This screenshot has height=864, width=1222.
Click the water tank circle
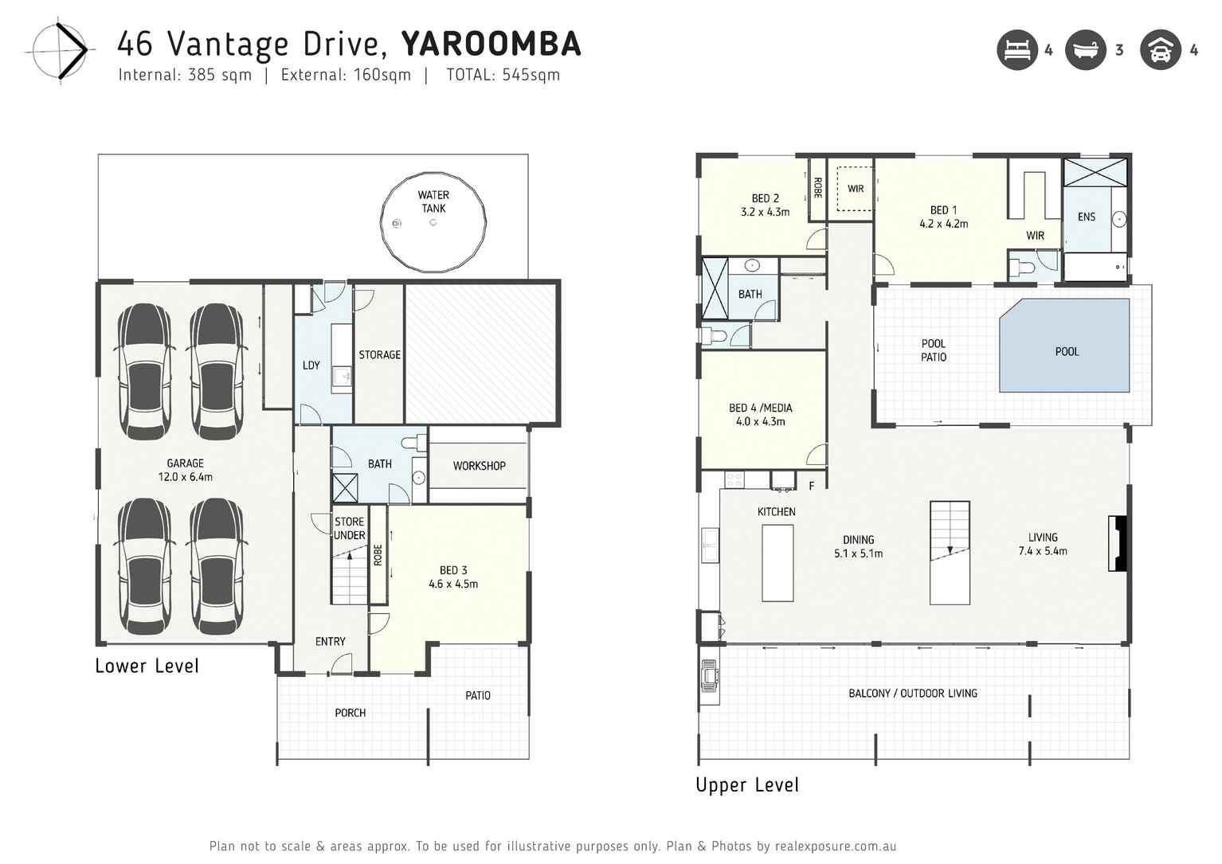click(433, 222)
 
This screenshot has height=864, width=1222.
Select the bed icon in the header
click(1017, 50)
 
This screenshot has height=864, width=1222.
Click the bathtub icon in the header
click(1086, 50)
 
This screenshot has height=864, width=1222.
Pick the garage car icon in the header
click(1160, 50)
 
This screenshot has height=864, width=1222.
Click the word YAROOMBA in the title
click(491, 45)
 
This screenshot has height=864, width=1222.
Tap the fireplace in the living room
click(1118, 544)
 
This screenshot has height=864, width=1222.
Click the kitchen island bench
click(777, 562)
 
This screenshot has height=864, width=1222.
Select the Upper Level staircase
click(950, 552)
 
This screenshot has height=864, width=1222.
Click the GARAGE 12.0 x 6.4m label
click(185, 470)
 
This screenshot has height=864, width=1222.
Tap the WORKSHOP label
click(479, 466)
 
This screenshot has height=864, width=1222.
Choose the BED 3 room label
click(453, 577)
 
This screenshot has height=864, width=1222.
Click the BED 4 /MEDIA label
click(760, 414)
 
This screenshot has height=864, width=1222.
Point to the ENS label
click(1087, 217)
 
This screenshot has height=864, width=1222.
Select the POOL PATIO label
click(934, 350)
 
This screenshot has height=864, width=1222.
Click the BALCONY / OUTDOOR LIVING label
click(913, 694)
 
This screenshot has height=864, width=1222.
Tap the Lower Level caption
click(147, 667)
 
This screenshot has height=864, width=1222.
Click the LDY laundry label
click(311, 366)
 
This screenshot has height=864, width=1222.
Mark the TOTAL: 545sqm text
click(503, 75)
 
